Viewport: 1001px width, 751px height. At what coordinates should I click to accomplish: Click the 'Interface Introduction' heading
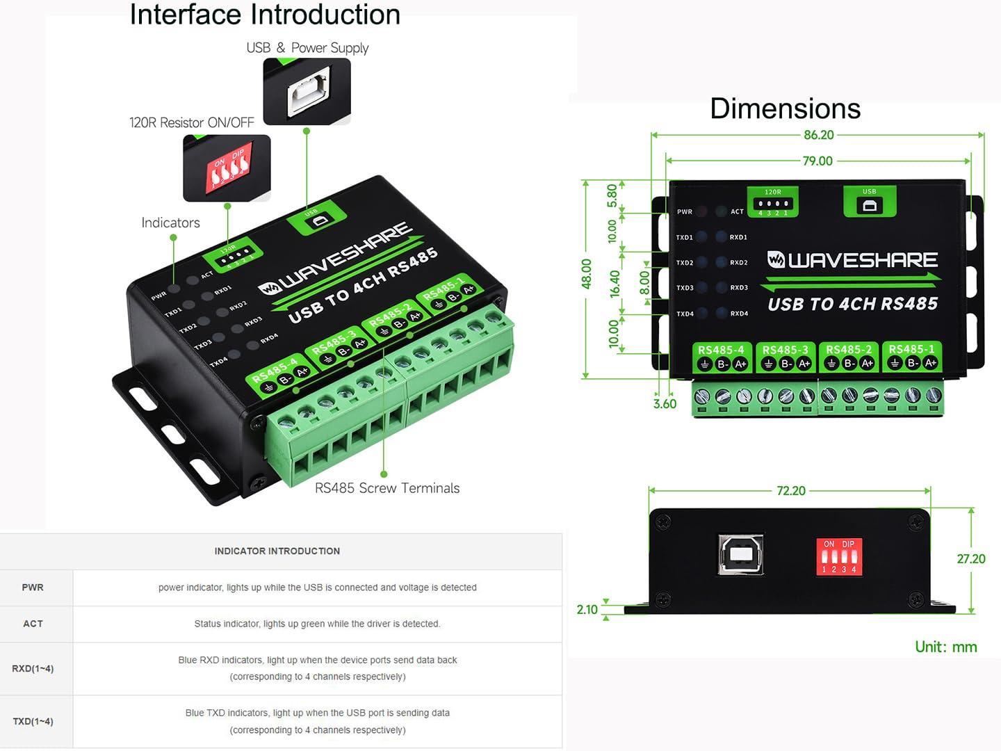(x=265, y=15)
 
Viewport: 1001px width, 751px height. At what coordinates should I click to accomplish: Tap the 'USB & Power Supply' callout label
(x=307, y=48)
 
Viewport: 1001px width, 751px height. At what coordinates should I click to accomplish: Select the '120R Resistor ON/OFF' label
(x=192, y=122)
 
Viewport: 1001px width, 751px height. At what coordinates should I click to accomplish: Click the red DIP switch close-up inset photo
(x=227, y=168)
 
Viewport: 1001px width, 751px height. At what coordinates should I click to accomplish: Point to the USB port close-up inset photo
(x=307, y=92)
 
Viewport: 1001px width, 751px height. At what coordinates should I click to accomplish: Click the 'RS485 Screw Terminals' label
(x=387, y=488)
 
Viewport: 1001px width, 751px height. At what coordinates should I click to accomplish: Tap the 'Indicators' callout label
(x=170, y=223)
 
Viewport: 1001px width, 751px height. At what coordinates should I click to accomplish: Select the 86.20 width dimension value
(x=818, y=135)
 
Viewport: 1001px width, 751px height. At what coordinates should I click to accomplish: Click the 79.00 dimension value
(x=817, y=161)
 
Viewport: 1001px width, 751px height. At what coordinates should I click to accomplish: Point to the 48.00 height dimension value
(x=587, y=273)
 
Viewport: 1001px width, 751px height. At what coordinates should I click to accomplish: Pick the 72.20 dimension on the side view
(x=790, y=491)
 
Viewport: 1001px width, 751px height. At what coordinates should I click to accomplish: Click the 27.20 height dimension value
(x=970, y=559)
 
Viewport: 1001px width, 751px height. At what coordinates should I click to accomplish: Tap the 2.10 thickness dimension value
(x=587, y=610)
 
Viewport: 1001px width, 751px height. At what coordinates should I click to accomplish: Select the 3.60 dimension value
(x=665, y=404)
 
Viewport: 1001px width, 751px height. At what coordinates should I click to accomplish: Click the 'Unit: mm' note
(x=945, y=647)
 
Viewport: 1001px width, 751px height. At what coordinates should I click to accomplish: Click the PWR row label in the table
(x=33, y=588)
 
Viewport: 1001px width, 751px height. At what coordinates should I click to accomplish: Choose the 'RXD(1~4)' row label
(x=33, y=668)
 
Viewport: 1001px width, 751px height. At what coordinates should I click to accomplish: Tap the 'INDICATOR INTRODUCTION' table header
(x=277, y=551)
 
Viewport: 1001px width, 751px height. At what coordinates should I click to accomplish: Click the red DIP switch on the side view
(x=839, y=556)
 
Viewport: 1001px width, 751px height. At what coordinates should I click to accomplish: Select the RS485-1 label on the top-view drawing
(x=911, y=349)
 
